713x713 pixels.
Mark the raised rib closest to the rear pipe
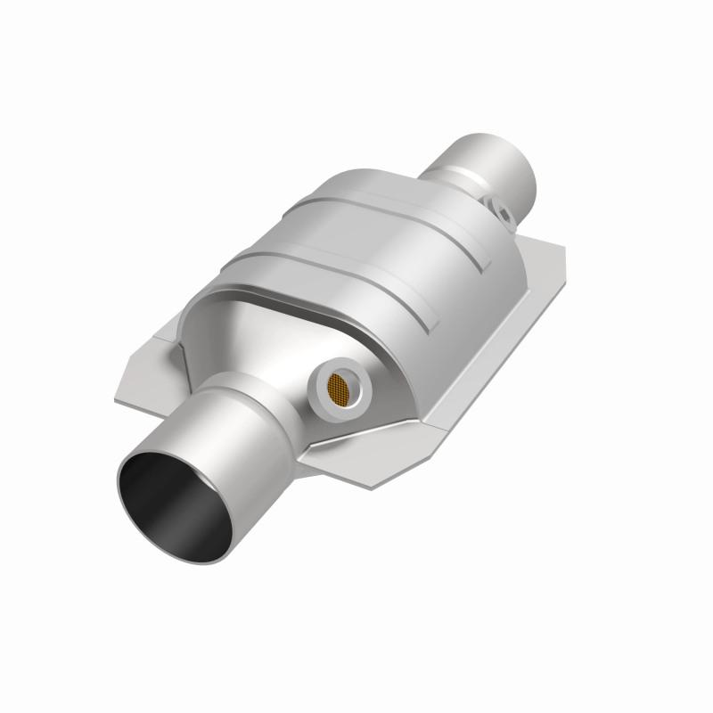374,206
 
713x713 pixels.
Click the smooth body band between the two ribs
356,250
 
